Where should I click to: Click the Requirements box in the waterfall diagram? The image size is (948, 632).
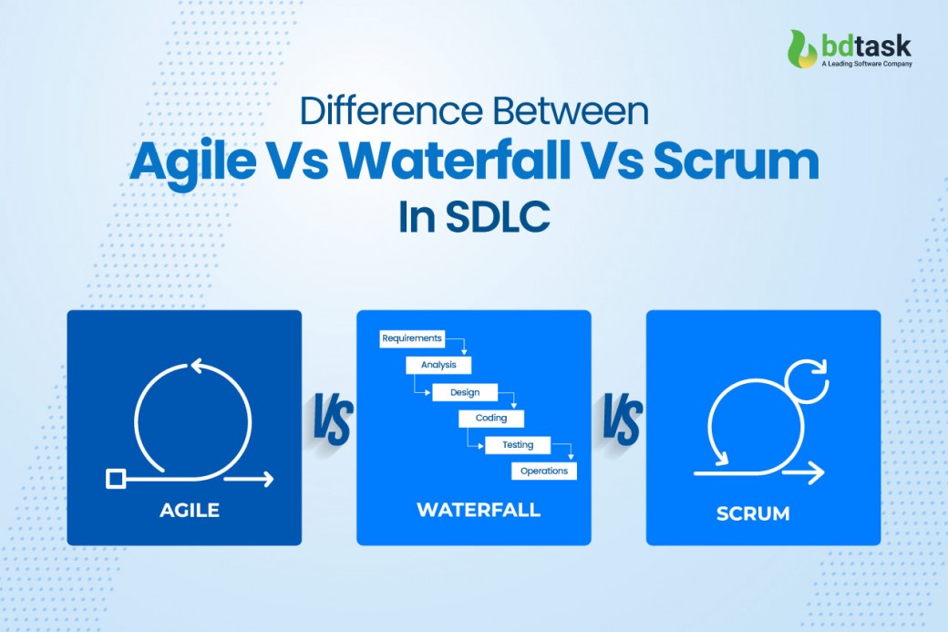tap(412, 338)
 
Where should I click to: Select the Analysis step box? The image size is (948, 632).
tap(438, 365)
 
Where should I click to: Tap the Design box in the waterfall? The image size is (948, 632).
tap(465, 392)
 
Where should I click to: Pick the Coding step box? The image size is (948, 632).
tap(491, 419)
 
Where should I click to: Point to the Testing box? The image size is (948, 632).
tap(518, 445)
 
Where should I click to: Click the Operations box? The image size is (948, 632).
tap(544, 471)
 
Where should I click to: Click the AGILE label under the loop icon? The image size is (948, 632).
tap(190, 511)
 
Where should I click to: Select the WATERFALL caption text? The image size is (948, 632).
tap(479, 510)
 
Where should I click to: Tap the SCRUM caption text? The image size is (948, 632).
tap(753, 514)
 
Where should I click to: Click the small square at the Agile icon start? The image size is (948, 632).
tap(116, 479)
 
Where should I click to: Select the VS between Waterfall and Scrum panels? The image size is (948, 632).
tap(623, 419)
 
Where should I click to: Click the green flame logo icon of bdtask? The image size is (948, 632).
tap(803, 49)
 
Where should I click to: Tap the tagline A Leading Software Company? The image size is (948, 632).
tap(866, 64)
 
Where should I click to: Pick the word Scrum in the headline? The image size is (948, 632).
tap(737, 161)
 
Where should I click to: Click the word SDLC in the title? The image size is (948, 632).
tap(499, 217)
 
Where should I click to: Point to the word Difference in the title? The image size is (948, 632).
tap(391, 110)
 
